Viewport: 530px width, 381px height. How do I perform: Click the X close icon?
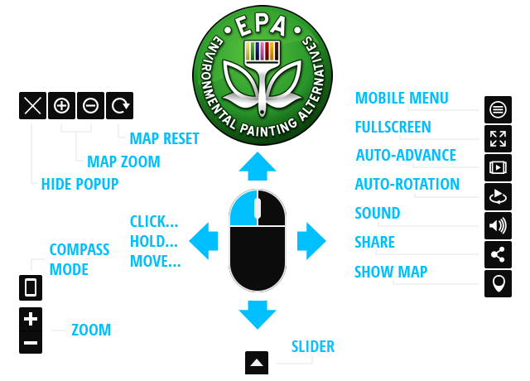(32, 105)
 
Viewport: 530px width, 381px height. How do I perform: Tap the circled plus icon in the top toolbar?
(62, 105)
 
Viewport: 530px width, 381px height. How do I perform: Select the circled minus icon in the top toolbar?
(91, 105)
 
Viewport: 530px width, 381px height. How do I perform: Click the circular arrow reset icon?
(121, 105)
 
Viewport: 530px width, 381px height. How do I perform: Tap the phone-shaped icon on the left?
(31, 287)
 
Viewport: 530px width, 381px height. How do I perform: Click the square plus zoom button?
(31, 318)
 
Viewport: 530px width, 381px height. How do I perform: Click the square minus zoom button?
(31, 342)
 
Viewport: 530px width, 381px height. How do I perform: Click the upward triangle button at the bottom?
(257, 362)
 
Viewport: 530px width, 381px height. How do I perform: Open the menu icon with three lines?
(498, 109)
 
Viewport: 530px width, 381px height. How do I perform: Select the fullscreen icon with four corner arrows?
(498, 138)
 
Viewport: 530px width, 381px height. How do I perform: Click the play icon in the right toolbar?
(498, 167)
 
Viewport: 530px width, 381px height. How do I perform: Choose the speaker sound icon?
(498, 225)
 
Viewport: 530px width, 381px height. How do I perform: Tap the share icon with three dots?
(498, 254)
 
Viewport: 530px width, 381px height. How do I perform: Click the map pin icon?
(498, 284)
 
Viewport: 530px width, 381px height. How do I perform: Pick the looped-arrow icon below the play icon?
(498, 196)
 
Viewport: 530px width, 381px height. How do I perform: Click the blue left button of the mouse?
(243, 210)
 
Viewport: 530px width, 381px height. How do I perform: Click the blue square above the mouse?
(257, 166)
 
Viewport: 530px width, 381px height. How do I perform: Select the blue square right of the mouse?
(311, 240)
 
